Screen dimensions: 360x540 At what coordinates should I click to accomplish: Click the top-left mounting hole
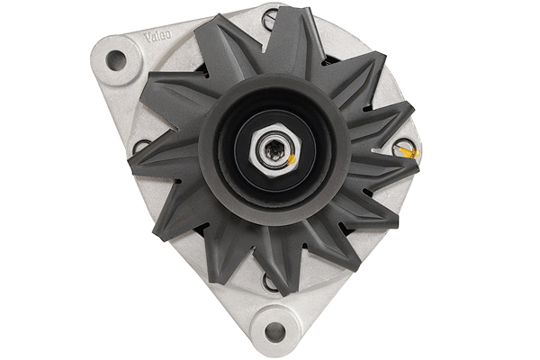tap(115, 60)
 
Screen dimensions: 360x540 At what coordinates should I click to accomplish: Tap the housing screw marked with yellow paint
tap(406, 152)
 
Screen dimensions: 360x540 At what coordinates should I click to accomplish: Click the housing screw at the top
tap(271, 17)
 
